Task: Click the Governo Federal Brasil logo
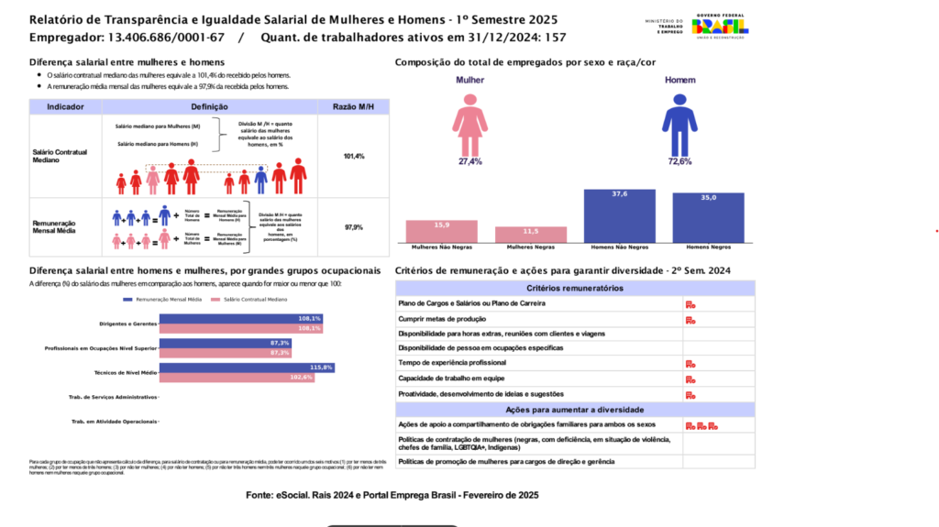(721, 27)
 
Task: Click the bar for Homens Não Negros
(620, 215)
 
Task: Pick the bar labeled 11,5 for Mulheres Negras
(531, 235)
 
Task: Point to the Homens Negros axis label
(707, 247)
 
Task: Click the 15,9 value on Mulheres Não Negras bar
(442, 225)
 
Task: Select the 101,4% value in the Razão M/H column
(354, 157)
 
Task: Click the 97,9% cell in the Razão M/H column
(354, 227)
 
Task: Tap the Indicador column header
(66, 107)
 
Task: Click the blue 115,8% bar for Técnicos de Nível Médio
(247, 368)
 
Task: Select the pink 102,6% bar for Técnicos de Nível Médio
(237, 377)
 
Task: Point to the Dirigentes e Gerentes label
(127, 324)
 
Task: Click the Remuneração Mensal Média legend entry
(164, 300)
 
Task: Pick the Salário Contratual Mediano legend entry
(249, 300)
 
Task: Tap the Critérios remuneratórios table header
(575, 288)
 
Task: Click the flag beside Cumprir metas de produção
(690, 319)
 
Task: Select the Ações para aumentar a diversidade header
(575, 410)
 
